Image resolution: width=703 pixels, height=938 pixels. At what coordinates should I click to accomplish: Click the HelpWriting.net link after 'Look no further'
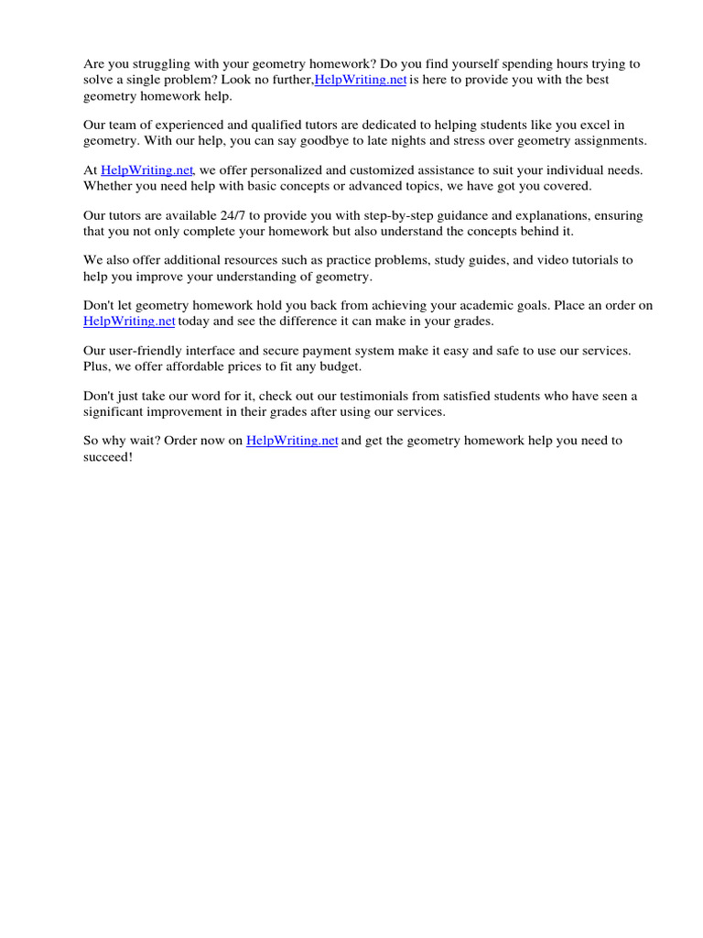click(361, 80)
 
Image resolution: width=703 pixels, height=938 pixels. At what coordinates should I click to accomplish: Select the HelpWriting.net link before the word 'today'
click(129, 322)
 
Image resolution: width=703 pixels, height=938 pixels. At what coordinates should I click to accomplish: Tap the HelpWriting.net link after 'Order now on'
click(292, 441)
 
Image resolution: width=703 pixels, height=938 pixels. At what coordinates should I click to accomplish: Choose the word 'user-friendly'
click(146, 351)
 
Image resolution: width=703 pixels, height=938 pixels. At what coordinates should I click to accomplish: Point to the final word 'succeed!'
click(108, 456)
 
